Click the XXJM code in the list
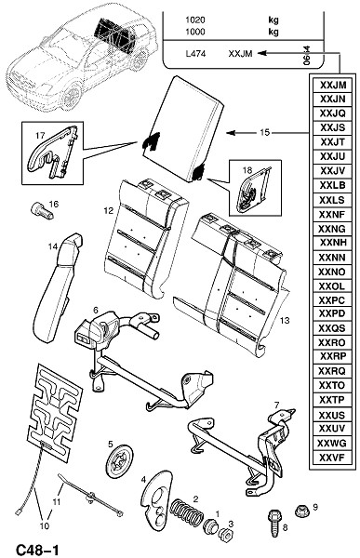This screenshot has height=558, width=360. (333, 86)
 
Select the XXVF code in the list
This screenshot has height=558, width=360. (332, 458)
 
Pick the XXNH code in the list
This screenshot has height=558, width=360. (333, 243)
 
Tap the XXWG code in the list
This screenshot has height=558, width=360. (332, 443)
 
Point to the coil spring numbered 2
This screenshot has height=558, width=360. (186, 511)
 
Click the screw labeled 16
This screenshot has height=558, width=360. (42, 211)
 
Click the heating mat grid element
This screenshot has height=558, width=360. (55, 412)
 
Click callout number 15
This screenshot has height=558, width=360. (264, 132)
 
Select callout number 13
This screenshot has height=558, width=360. (285, 320)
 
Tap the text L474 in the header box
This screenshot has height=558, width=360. (196, 54)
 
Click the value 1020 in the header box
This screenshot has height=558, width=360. (195, 20)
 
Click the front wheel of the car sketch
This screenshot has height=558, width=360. (72, 96)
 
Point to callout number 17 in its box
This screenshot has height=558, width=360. (40, 135)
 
